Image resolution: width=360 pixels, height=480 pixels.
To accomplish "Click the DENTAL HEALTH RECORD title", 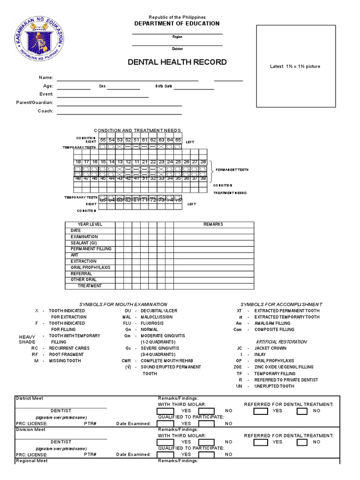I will [x=177, y=62].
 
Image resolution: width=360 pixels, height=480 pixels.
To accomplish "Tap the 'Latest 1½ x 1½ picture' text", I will [x=295, y=67].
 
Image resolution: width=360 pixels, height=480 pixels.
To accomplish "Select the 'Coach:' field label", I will [x=45, y=111].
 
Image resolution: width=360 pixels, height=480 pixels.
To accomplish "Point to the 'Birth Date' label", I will [x=164, y=86].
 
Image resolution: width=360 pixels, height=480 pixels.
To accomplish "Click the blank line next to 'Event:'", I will [x=103, y=94].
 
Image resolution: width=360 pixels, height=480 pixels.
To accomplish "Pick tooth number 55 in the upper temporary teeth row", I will [x=103, y=140].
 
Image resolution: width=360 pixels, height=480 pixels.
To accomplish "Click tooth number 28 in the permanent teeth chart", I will [x=203, y=162].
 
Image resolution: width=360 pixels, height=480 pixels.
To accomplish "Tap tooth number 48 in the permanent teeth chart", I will [x=78, y=179].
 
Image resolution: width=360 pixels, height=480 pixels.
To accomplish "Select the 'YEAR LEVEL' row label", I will [x=90, y=225].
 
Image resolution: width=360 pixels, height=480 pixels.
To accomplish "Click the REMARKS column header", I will [x=213, y=225].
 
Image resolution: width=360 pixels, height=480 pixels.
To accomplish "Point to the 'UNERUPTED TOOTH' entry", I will [x=274, y=386].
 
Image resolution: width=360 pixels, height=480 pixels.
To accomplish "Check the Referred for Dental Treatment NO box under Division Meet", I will [x=302, y=442].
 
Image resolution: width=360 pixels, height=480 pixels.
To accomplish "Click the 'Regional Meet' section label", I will [x=32, y=461].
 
